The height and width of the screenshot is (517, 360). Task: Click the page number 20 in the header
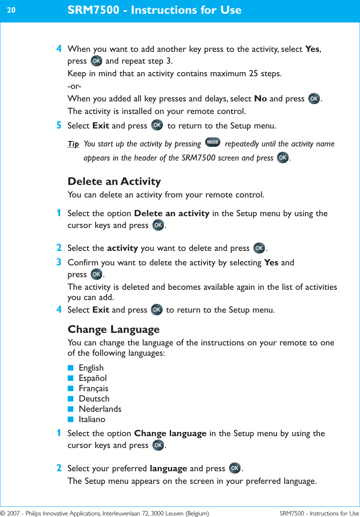[x=11, y=10]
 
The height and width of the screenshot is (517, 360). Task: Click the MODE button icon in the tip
[x=213, y=142]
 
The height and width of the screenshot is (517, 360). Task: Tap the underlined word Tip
[x=73, y=144]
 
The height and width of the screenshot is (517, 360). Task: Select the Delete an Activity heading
[x=114, y=181]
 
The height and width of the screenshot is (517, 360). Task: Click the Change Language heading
[x=114, y=329]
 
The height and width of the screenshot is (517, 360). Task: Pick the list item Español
[x=93, y=378]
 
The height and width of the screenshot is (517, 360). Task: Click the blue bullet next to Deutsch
[x=70, y=399]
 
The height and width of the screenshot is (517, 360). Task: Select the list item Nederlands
[x=100, y=409]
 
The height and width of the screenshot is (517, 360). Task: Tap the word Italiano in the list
[x=92, y=419]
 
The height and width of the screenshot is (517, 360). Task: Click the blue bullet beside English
[x=70, y=368]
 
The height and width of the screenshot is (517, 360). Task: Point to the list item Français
[x=93, y=389]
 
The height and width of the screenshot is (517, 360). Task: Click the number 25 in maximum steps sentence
[x=253, y=74]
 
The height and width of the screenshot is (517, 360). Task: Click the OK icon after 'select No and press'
[x=314, y=99]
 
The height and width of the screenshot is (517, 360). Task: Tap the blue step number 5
[x=59, y=125]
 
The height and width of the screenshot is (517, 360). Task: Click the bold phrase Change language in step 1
[x=170, y=434]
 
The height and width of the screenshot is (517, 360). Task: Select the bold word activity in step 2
[x=122, y=248]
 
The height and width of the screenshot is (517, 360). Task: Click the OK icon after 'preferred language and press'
[x=235, y=468]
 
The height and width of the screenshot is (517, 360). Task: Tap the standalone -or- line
[x=74, y=86]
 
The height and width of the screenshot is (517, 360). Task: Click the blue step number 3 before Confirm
[x=59, y=262]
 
